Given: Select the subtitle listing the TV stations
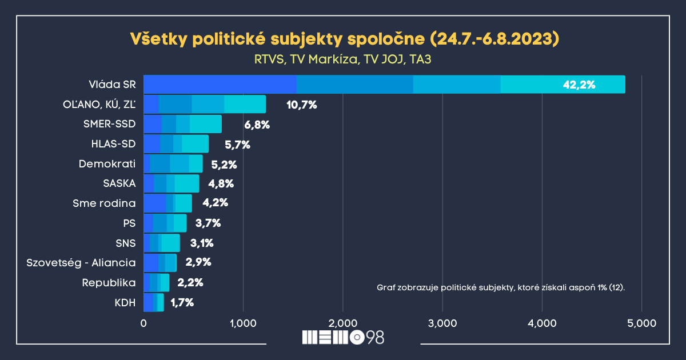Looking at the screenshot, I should coord(343,59).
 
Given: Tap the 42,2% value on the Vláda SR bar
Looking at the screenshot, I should coord(579,85).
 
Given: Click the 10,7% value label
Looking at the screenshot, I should coord(301,105).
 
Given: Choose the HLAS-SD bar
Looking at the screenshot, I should coord(176,144).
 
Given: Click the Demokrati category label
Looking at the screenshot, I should coord(107,164).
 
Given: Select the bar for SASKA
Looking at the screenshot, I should coord(171,183).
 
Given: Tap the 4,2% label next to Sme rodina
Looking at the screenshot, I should coord(216,203).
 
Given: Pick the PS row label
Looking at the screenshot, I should coord(129,223).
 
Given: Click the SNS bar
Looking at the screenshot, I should coord(162,243).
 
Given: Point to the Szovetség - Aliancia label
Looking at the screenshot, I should coord(81,263).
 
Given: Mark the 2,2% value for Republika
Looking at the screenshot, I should coord(190,282).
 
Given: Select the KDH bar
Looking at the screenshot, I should coord(154,302).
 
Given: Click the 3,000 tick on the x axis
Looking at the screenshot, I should coord(442,323).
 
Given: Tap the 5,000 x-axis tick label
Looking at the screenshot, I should coord(641,323).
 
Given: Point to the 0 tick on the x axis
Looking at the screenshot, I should coord(143,323).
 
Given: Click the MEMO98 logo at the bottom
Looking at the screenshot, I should coord(343,337).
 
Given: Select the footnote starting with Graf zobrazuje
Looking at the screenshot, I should coord(501,287).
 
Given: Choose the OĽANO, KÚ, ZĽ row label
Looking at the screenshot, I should coord(99,105).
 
